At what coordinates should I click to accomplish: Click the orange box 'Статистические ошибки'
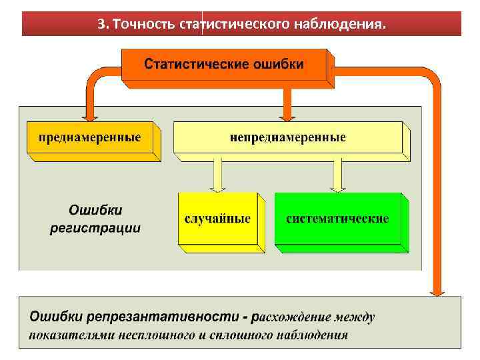pyautogui.click(x=224, y=65)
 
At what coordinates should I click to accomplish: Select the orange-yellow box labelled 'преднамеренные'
pyautogui.click(x=89, y=138)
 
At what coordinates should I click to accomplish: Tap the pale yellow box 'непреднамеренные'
pyautogui.click(x=287, y=138)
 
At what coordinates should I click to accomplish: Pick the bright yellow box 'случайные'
pyautogui.click(x=217, y=219)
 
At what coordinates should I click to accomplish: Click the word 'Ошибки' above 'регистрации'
pyautogui.click(x=96, y=211)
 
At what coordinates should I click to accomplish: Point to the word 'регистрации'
pyautogui.click(x=96, y=228)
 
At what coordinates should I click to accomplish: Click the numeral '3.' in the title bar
pyautogui.click(x=103, y=25)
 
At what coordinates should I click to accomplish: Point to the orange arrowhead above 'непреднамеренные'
pyautogui.click(x=287, y=113)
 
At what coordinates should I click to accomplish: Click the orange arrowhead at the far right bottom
pyautogui.click(x=437, y=288)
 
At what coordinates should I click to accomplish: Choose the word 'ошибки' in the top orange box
pyautogui.click(x=277, y=65)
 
